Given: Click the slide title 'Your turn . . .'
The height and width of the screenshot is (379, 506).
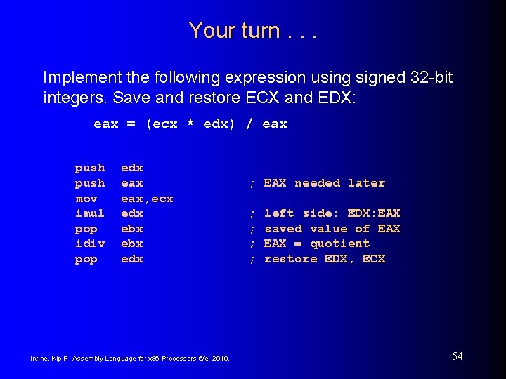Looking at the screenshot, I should tap(252, 30).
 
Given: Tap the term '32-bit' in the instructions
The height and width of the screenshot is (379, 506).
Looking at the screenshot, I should tap(428, 77).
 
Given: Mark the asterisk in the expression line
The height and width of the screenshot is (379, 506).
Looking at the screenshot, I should tap(190, 124).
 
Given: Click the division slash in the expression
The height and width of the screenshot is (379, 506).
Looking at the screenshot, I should tap(249, 124).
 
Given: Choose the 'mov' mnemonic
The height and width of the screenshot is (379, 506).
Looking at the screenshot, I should tap(86, 199).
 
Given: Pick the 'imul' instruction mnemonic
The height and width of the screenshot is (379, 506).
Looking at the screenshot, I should tap(90, 213).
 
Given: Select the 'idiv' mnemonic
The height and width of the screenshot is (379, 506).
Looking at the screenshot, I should tap(90, 244).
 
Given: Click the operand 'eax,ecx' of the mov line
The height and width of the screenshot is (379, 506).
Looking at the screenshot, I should tap(147, 199).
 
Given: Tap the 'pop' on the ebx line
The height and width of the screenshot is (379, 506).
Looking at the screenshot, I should tap(86, 229).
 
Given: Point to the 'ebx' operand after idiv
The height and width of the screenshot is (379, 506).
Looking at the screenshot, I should tap(132, 244).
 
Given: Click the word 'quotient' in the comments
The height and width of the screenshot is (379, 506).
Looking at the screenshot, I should tap(340, 244).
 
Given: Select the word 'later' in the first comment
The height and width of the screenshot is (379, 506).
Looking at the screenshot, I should tap(367, 183).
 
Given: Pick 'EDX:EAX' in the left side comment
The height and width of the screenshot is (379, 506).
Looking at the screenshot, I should tap(374, 213).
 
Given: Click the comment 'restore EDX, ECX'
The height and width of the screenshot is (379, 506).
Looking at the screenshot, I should tap(325, 259).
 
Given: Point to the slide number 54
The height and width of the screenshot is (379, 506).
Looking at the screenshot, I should tap(457, 357).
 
